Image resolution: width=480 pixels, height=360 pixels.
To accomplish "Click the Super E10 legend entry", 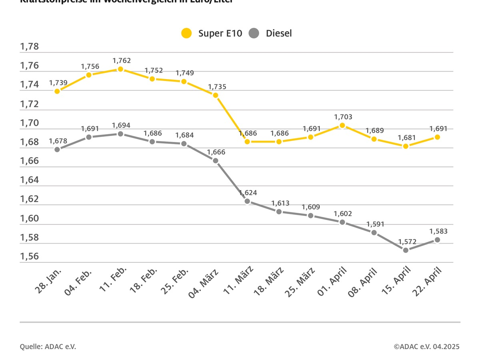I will coord(211,33).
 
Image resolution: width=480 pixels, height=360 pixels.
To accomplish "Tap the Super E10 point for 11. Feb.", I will coord(120,69).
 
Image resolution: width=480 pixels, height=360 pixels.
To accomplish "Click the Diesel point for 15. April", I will coord(406,250).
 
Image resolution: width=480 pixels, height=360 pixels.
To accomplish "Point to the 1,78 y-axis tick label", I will coord(30,47).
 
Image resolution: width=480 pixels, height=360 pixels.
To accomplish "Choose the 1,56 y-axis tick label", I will coord(30,256).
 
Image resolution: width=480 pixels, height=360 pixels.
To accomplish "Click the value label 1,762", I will coord(121,61).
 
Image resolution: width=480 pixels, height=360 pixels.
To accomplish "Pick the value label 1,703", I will coord(342,117).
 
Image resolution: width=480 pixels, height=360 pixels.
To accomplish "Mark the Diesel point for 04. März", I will coord(216,160).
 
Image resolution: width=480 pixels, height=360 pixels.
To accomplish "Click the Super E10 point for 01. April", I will coord(342,125).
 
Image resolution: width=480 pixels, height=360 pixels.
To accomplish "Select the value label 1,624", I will coord(248,193).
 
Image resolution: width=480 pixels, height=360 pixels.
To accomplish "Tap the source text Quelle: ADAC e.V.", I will coord(48,346).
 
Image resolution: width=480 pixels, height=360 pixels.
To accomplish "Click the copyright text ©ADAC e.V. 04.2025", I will coord(426,346).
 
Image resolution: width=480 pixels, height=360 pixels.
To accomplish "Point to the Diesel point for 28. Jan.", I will coord(57,149).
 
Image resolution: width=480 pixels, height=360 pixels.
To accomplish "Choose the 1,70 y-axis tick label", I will coord(30,123).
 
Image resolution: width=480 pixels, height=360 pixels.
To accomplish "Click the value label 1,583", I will coord(438,231).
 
